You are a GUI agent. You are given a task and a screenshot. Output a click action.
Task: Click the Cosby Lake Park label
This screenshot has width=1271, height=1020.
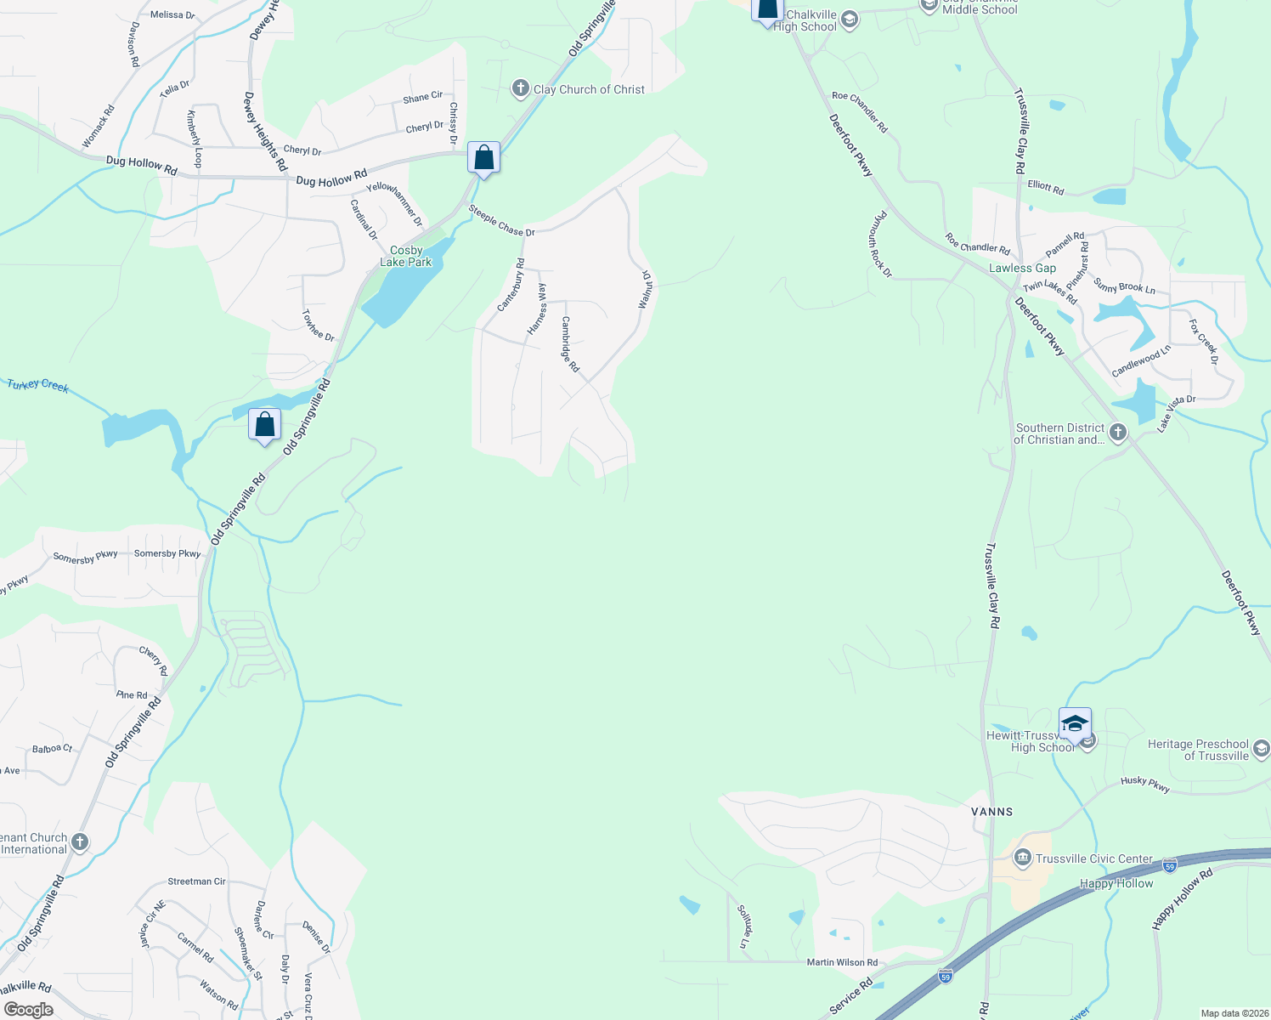(406, 256)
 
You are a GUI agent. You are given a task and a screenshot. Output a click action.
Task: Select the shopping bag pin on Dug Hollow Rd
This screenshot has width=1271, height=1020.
(483, 158)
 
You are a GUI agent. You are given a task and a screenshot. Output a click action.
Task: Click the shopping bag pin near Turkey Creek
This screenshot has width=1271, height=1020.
(264, 424)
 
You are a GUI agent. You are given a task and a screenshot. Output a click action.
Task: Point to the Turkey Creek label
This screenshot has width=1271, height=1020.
(37, 385)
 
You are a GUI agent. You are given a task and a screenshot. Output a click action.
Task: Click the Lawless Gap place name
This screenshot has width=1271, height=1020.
(1022, 268)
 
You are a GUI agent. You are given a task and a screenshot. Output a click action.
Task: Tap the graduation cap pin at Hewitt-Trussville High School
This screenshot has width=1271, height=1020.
(1075, 724)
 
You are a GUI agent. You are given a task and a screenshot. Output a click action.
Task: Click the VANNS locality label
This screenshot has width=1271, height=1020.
(992, 812)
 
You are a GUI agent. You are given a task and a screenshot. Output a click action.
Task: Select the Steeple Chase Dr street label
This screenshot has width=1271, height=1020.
(501, 220)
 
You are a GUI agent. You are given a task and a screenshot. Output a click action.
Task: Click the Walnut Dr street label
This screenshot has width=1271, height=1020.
(645, 289)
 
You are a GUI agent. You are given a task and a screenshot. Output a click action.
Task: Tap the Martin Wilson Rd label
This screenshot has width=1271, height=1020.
(842, 962)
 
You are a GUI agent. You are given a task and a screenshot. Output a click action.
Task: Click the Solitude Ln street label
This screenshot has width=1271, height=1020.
(743, 926)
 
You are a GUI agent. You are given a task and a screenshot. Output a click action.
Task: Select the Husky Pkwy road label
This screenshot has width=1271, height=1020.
(1145, 784)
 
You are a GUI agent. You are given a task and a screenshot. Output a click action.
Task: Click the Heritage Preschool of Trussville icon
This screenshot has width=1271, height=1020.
(1261, 749)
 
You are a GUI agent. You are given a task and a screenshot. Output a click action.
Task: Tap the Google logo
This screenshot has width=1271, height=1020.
(28, 1010)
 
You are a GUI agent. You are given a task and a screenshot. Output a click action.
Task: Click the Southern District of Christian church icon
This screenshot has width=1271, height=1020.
(1118, 433)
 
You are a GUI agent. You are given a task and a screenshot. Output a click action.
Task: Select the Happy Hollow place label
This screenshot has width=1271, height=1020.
(1116, 883)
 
